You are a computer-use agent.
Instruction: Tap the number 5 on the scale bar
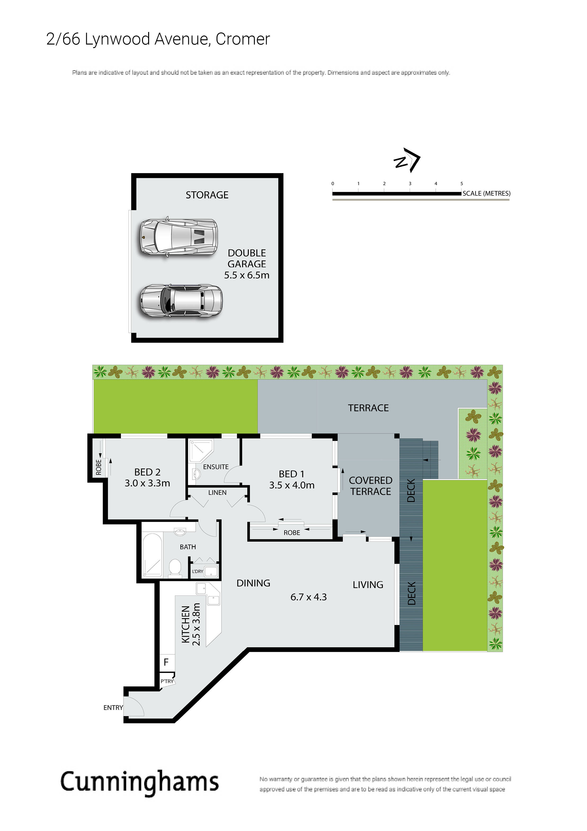coord(462,184)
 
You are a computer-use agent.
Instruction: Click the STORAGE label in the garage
coord(207,195)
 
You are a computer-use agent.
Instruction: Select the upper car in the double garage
coord(179,237)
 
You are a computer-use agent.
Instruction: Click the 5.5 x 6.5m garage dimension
coord(247,275)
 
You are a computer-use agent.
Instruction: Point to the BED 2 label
coord(147,472)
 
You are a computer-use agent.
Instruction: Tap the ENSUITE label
coord(216,467)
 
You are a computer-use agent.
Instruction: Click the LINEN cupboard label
coord(217,492)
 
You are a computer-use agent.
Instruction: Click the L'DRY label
coord(197,572)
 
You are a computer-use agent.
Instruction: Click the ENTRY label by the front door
coord(113,708)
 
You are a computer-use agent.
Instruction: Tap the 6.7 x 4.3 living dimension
coord(308,597)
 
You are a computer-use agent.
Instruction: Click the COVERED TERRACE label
coord(371,486)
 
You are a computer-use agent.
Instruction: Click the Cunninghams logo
coord(140,782)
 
